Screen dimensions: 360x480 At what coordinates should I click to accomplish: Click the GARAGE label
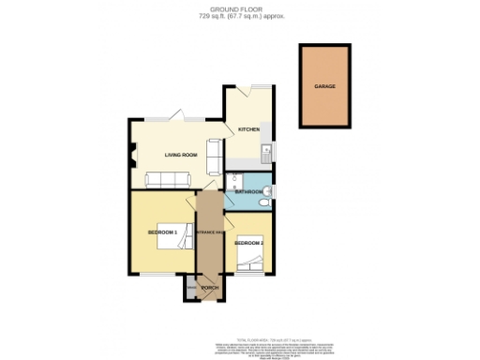(x=324, y=86)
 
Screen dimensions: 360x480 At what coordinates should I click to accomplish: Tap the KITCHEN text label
(x=247, y=128)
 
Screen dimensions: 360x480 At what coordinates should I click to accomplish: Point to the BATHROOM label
(x=248, y=192)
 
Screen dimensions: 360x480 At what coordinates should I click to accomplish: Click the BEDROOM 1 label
(x=162, y=232)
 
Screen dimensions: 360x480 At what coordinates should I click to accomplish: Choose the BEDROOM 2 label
(x=248, y=243)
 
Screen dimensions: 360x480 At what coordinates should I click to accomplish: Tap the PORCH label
(x=210, y=288)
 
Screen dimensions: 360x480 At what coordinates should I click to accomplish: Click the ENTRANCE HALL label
(x=210, y=232)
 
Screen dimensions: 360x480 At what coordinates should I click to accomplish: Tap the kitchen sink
(x=267, y=152)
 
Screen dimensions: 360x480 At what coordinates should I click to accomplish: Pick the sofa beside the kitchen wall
(x=214, y=152)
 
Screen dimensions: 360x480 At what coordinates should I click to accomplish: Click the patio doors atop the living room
(x=174, y=119)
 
